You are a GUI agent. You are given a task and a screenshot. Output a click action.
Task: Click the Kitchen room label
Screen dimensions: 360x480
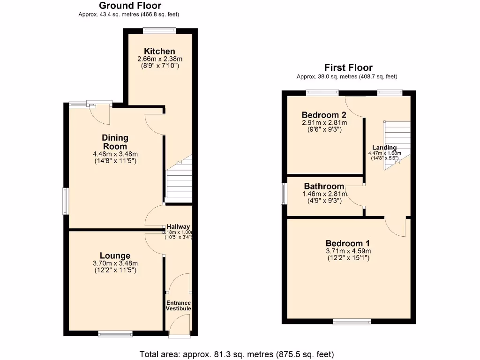159,51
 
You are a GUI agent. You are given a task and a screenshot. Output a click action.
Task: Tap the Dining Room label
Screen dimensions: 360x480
115,142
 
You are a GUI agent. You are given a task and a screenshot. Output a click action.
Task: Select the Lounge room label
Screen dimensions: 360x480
115,255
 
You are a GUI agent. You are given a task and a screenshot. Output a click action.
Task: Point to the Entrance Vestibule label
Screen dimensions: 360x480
179,306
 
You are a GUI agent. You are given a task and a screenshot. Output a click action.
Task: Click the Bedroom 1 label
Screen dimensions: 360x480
348,243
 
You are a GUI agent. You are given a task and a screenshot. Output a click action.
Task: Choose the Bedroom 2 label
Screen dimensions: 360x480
324,115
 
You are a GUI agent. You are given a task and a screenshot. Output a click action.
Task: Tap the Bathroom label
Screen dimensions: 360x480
324,186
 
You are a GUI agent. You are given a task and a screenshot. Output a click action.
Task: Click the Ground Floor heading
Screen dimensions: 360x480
130,6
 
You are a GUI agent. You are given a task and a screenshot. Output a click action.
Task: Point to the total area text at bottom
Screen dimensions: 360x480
237,354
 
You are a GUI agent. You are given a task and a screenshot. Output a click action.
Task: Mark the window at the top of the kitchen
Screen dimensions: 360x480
159,31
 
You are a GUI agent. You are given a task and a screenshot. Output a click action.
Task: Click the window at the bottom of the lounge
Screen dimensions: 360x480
115,334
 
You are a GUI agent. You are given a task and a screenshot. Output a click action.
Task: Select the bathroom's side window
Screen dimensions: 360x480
284,193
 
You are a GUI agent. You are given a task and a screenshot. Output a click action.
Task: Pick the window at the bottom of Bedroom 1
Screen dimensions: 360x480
352,322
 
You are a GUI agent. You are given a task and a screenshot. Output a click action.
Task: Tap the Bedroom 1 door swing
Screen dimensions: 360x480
396,227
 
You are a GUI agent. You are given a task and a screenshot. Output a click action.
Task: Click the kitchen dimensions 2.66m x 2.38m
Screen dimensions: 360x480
159,59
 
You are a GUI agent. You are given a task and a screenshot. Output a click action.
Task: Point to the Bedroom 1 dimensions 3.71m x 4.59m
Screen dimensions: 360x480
348,251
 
